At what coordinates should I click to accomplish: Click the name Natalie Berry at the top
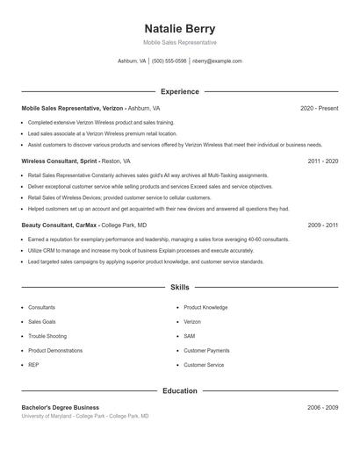pyautogui.click(x=179, y=28)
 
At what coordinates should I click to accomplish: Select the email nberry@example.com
pyautogui.click(x=217, y=61)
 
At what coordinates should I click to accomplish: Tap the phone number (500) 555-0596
pyautogui.click(x=169, y=61)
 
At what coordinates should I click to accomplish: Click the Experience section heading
pyautogui.click(x=179, y=91)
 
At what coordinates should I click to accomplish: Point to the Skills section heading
pyautogui.click(x=179, y=287)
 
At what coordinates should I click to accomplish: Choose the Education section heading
pyautogui.click(x=179, y=390)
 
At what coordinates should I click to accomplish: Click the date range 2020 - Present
pyautogui.click(x=319, y=108)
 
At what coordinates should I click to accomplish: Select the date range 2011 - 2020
pyautogui.click(x=323, y=161)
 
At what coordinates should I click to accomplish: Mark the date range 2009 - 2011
pyautogui.click(x=323, y=225)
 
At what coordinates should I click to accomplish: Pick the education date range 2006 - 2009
pyautogui.click(x=323, y=407)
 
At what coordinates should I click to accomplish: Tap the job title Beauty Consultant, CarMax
pyautogui.click(x=60, y=225)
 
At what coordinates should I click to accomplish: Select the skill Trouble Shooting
pyautogui.click(x=47, y=336)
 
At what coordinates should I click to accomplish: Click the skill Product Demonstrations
pyautogui.click(x=54, y=350)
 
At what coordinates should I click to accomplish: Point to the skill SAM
pyautogui.click(x=189, y=336)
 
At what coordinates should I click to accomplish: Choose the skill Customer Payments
pyautogui.click(x=206, y=350)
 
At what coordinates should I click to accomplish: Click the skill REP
pyautogui.click(x=33, y=364)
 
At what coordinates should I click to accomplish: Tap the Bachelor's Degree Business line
pyautogui.click(x=60, y=407)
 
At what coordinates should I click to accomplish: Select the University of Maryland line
pyautogui.click(x=84, y=416)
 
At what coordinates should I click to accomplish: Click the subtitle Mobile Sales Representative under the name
pyautogui.click(x=179, y=42)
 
